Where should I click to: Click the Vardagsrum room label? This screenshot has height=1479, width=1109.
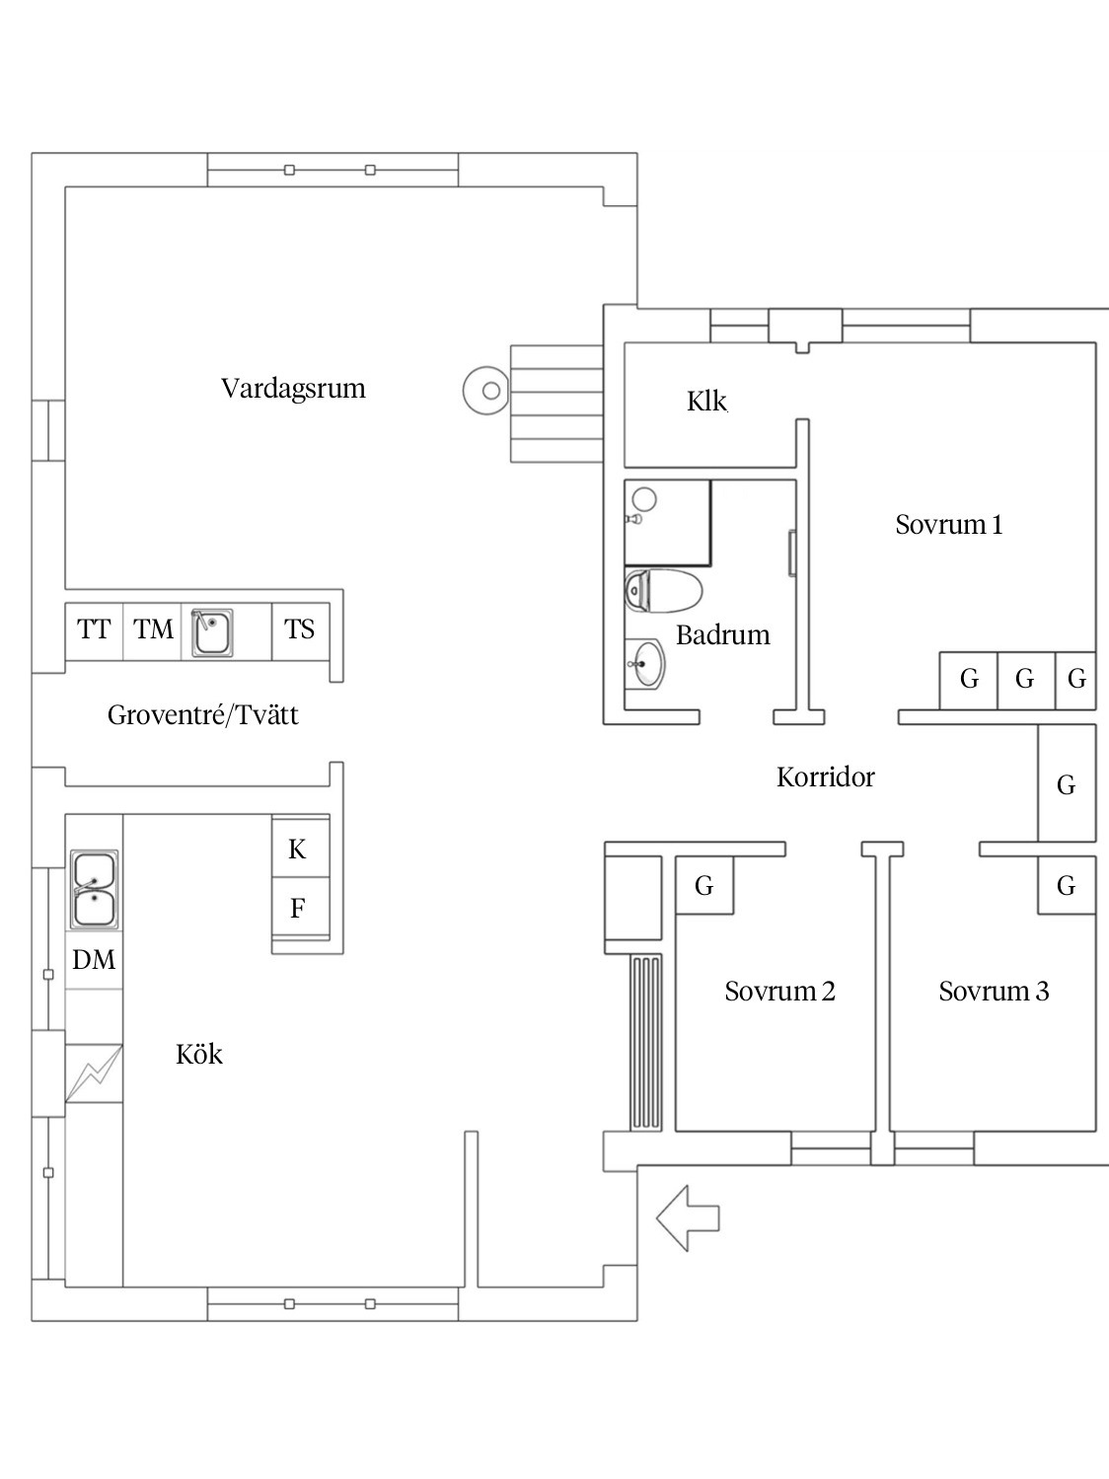(293, 389)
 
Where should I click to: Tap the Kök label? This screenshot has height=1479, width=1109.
(199, 1055)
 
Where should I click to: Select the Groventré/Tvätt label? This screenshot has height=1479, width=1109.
(202, 715)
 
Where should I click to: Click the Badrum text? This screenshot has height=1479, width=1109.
(722, 635)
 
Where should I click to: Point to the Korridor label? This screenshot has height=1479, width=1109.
(825, 777)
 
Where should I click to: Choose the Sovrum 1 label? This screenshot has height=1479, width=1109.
(948, 525)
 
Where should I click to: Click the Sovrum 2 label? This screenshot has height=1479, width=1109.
(779, 992)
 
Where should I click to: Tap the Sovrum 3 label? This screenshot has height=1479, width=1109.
(993, 992)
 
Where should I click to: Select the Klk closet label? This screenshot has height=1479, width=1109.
(706, 402)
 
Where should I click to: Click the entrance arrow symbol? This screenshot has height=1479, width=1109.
(688, 1219)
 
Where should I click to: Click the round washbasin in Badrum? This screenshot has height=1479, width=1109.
(645, 663)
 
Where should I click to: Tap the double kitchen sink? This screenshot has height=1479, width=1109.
(94, 890)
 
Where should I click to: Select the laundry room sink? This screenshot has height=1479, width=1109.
(212, 632)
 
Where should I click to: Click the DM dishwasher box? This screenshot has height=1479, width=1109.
(94, 960)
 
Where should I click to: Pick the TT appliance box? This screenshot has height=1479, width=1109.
(94, 629)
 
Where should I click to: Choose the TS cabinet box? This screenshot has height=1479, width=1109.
(299, 629)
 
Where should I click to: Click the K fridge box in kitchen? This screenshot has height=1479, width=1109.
(297, 850)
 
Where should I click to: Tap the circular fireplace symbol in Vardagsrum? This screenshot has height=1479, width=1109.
(489, 391)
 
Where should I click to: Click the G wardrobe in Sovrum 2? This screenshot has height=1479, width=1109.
(703, 886)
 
